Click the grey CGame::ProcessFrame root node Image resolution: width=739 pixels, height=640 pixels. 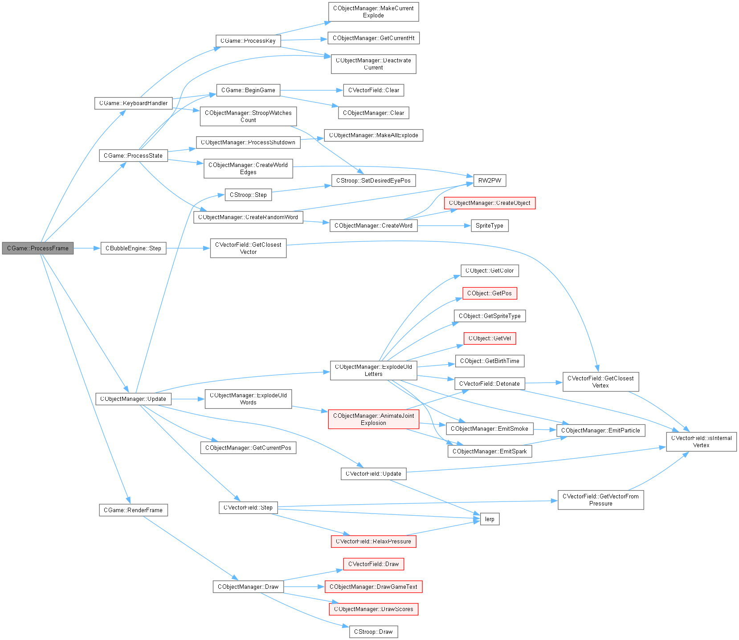pyautogui.click(x=38, y=248)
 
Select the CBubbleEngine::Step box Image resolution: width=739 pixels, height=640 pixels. pyautogui.click(x=133, y=248)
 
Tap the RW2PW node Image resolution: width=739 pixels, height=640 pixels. pyautogui.click(x=490, y=180)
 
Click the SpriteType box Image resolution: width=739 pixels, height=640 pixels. pyautogui.click(x=489, y=225)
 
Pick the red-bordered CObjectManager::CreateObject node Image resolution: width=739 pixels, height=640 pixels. pyautogui.click(x=490, y=203)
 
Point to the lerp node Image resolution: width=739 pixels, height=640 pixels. pyautogui.click(x=490, y=519)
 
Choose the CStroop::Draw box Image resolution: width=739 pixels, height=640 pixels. pyautogui.click(x=373, y=632)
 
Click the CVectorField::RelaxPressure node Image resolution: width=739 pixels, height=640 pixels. pyautogui.click(x=373, y=541)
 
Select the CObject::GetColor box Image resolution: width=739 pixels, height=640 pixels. pyautogui.click(x=490, y=270)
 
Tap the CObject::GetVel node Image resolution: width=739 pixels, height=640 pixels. pyautogui.click(x=490, y=338)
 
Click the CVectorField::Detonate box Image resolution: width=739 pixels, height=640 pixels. pyautogui.click(x=489, y=383)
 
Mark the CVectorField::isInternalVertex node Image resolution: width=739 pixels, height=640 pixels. pyautogui.click(x=701, y=441)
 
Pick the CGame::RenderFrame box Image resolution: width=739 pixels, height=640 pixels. pyautogui.click(x=133, y=510)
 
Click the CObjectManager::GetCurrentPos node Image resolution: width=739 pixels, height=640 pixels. pyautogui.click(x=248, y=448)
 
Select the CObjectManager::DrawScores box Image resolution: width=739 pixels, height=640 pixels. pyautogui.click(x=373, y=609)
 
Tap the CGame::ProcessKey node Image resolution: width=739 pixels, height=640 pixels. pyautogui.click(x=248, y=41)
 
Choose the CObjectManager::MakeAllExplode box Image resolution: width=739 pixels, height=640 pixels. pyautogui.click(x=373, y=135)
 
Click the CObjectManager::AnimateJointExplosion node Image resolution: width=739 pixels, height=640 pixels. pyautogui.click(x=373, y=419)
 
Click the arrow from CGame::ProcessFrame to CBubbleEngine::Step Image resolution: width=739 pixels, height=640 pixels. pyautogui.click(x=87, y=248)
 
